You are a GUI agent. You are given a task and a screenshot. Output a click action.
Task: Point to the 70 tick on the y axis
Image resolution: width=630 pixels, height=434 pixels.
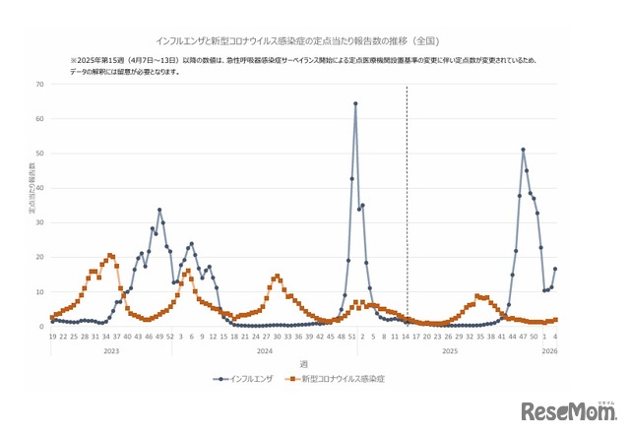click(x=39, y=85)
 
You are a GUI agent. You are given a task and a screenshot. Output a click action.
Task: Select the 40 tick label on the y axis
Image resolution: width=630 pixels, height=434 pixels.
click(x=39, y=188)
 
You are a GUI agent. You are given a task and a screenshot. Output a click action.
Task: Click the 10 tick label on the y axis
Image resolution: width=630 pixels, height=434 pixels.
click(x=39, y=292)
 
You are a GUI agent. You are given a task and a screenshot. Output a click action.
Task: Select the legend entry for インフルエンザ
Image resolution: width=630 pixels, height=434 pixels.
click(x=246, y=378)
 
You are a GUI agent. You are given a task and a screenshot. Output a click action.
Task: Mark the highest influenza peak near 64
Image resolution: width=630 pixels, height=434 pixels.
click(x=355, y=103)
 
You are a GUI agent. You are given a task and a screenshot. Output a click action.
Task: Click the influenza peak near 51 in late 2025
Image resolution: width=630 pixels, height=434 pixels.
click(x=523, y=150)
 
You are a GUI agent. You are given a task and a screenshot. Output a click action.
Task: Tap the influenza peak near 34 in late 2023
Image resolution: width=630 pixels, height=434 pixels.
click(x=159, y=210)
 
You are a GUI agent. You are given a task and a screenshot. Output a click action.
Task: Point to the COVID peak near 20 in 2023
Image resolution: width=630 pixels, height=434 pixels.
click(x=110, y=255)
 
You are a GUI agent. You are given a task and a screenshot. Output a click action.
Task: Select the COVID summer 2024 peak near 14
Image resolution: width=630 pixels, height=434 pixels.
click(x=278, y=277)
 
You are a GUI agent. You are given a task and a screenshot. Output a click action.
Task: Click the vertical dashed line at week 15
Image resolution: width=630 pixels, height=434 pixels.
click(x=408, y=197)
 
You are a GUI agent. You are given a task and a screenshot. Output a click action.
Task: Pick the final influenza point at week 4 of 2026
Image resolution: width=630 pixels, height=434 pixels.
click(x=555, y=269)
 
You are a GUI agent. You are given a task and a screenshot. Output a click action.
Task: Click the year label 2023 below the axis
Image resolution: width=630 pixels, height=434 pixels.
click(x=110, y=351)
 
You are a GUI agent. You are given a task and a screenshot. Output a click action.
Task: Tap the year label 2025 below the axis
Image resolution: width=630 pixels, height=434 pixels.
click(x=450, y=351)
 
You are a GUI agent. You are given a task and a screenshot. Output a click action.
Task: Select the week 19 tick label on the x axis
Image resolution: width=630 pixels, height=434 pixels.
click(x=52, y=338)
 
